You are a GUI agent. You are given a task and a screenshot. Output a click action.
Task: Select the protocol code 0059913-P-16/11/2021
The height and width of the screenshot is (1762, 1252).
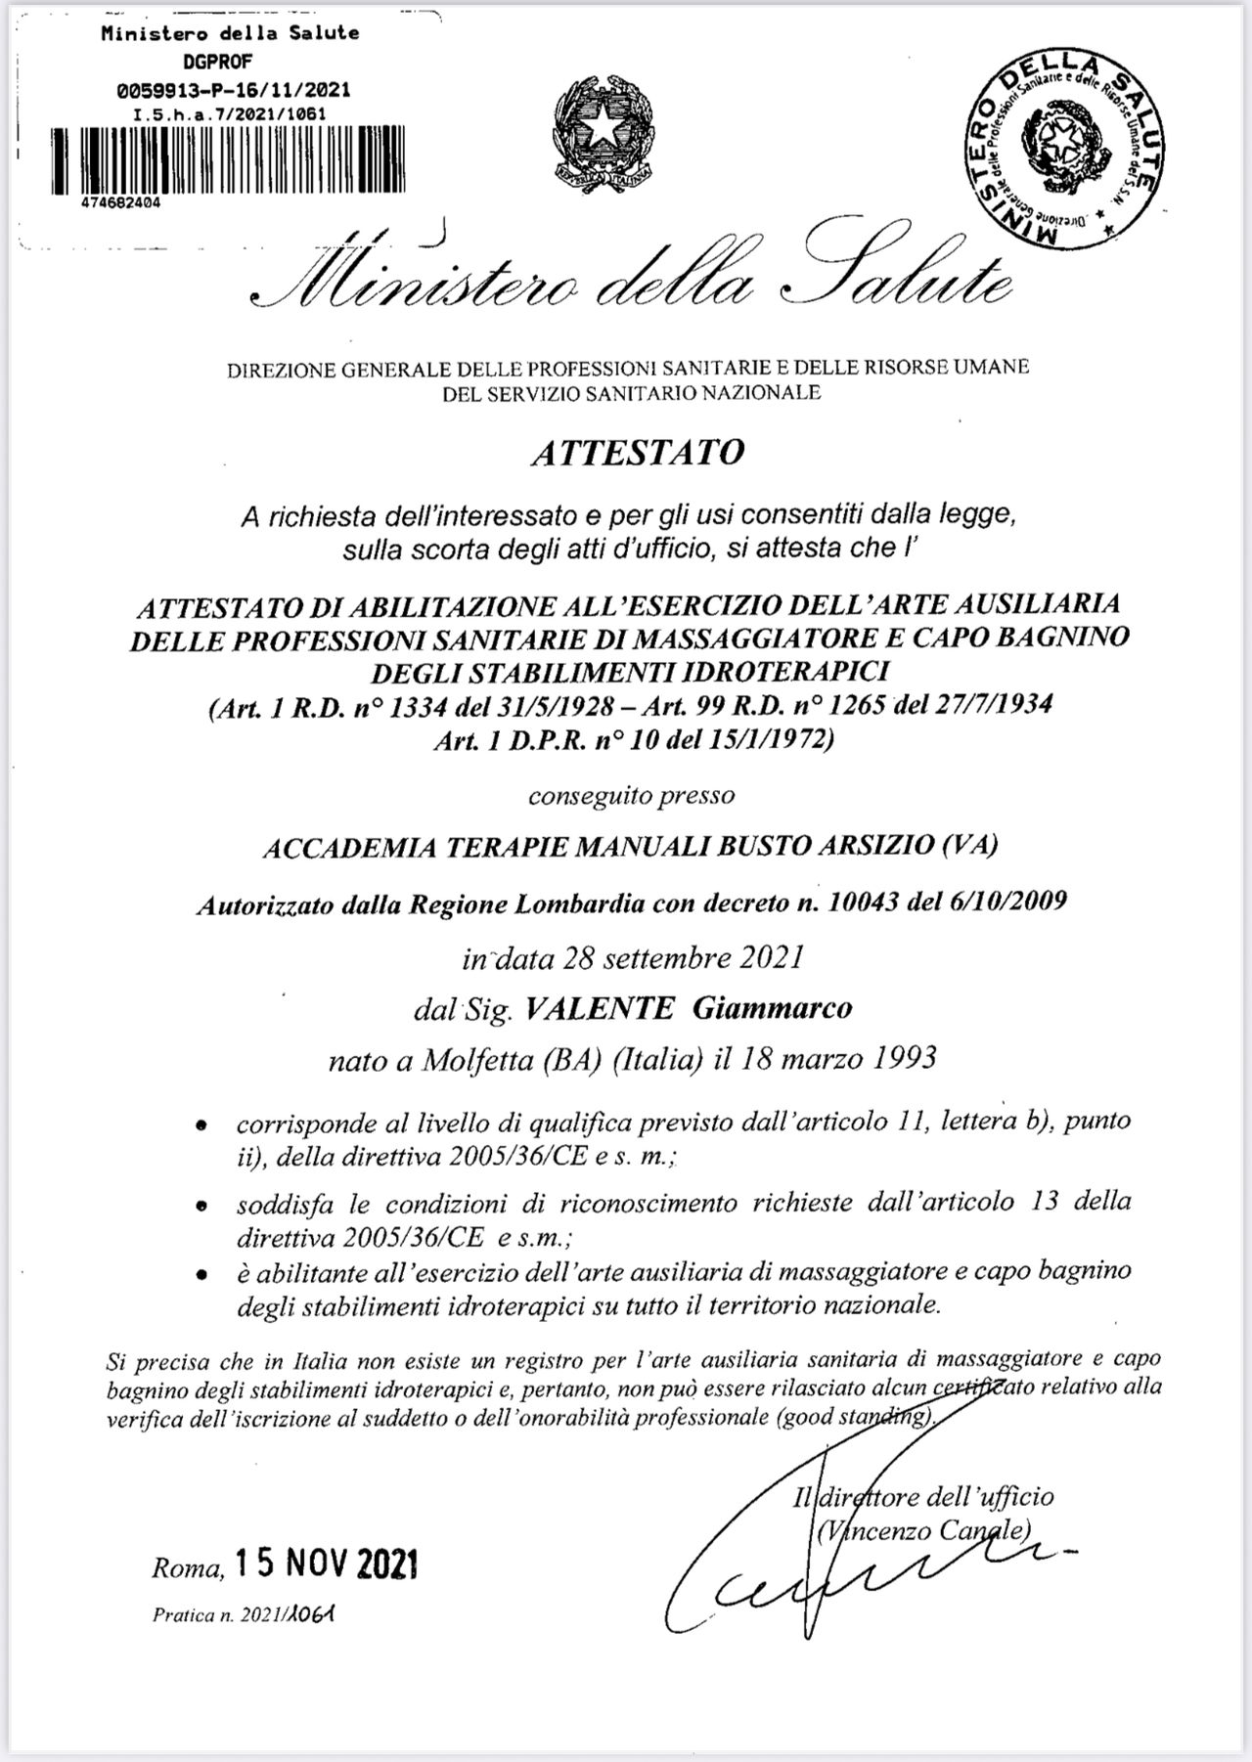point(232,91)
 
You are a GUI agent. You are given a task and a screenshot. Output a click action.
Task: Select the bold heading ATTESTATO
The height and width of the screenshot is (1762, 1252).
point(637,453)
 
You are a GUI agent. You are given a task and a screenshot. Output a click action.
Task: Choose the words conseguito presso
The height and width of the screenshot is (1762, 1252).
point(631,795)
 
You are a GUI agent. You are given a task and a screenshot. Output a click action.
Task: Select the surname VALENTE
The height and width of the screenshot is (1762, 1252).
point(600,1007)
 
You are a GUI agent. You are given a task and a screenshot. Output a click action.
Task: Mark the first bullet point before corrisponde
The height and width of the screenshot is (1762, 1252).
point(201,1125)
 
